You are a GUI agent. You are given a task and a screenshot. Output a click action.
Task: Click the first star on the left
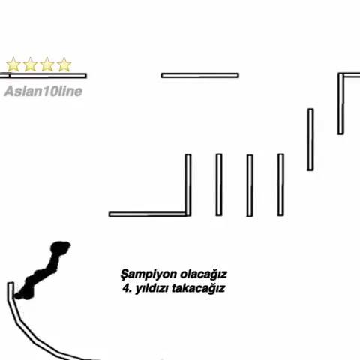click(13, 64)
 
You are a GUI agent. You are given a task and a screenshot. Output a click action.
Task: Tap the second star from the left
click(30, 64)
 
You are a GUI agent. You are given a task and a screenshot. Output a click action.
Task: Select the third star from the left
click(47, 64)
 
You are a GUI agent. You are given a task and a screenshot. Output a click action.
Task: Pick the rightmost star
click(64, 64)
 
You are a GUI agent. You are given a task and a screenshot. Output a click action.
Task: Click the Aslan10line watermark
click(43, 91)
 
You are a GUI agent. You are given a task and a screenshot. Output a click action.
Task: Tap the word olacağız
click(204, 274)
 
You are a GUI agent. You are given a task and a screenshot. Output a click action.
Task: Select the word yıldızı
click(151, 289)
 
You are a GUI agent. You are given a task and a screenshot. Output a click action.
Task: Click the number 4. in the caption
click(127, 288)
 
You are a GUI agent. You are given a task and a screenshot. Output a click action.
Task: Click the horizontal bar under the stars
click(43, 76)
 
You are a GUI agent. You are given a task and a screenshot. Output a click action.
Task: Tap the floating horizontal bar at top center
click(200, 75)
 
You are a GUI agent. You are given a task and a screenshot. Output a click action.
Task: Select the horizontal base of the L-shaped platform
click(148, 214)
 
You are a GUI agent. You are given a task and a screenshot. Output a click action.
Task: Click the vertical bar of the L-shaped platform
click(188, 185)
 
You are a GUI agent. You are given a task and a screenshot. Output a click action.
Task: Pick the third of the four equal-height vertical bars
click(250, 185)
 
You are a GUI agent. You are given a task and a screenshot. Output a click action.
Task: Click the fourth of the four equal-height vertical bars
click(280, 184)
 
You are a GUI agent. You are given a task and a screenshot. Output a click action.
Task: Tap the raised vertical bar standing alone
click(310, 139)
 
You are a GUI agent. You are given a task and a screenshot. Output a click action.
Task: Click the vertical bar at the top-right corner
click(340, 103)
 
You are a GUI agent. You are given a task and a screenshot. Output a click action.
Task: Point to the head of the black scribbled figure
click(60, 247)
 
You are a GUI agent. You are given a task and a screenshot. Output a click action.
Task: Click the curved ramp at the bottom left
click(28, 332)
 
